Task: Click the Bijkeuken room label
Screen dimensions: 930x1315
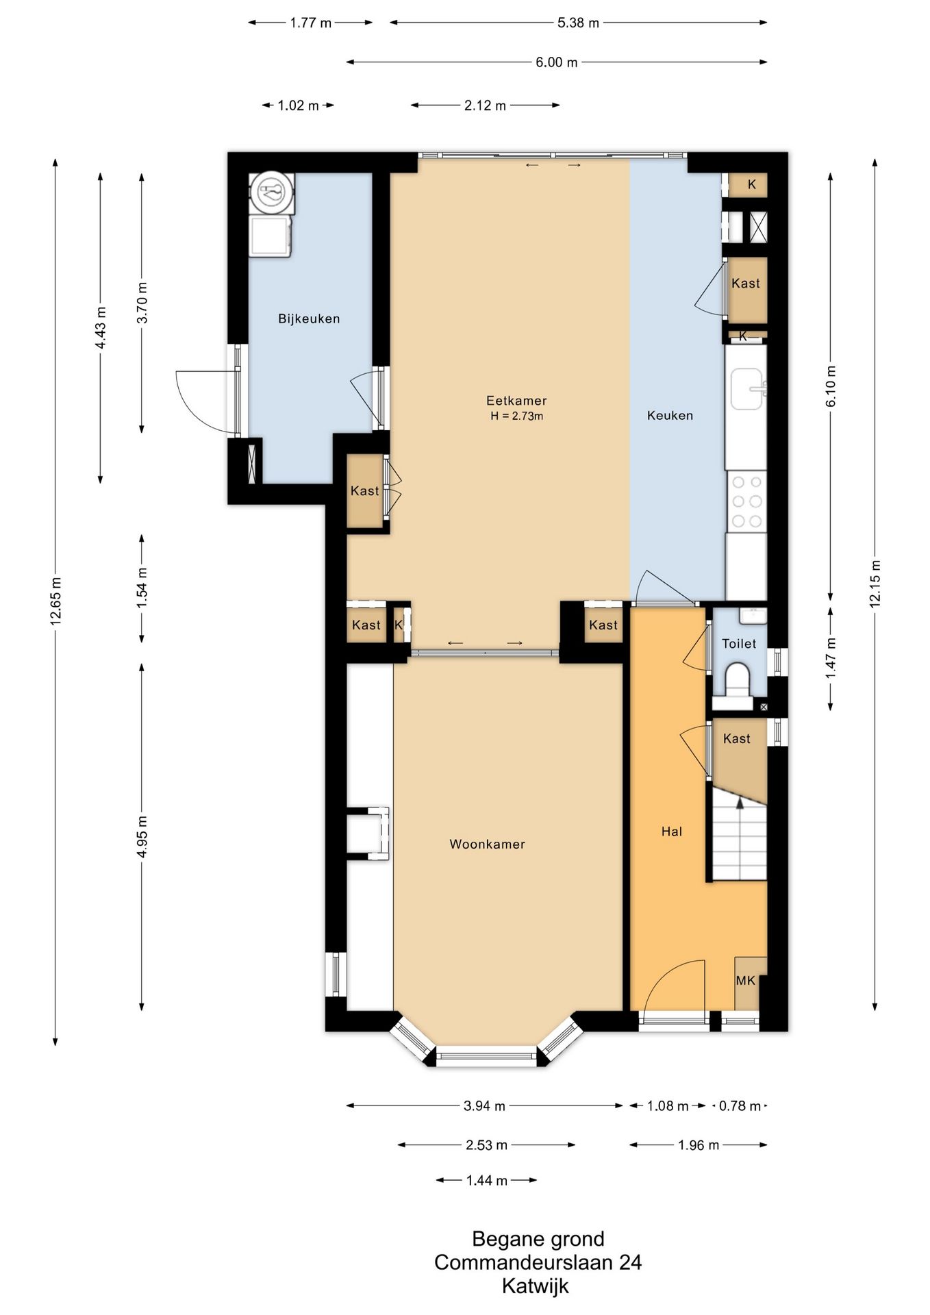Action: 309,318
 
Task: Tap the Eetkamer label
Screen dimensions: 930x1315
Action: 516,401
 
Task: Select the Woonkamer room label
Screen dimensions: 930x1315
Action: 487,844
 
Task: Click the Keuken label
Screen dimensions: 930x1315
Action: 670,415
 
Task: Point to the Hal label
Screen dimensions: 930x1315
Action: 672,831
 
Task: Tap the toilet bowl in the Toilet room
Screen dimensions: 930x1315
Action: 738,678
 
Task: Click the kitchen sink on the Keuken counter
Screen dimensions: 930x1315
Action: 747,389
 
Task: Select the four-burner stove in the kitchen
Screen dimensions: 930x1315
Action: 746,501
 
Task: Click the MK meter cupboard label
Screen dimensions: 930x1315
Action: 745,981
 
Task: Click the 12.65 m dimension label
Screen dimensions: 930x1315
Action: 55,601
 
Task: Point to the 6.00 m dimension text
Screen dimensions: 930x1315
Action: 557,62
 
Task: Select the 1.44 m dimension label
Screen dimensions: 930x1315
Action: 487,1180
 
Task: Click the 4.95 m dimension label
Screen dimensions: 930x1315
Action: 142,836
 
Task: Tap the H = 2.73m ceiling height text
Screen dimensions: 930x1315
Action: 516,416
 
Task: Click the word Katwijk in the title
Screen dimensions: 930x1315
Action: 536,1286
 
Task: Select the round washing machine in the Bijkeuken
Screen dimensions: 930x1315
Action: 272,192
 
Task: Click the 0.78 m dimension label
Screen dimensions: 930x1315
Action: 740,1106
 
